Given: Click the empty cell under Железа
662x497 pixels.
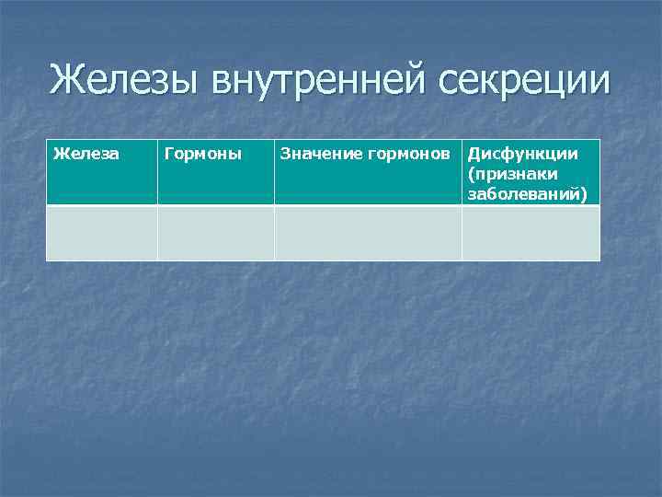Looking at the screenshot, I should tap(102, 233).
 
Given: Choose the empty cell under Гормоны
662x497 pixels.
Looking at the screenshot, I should tap(215, 233).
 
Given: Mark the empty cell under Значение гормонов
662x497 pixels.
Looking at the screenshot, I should tap(368, 233).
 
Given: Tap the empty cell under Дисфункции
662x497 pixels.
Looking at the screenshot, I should tap(531, 233).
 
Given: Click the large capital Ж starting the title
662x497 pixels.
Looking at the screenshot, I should tap(66, 80).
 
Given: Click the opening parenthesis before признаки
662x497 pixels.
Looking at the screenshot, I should tap(471, 174).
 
